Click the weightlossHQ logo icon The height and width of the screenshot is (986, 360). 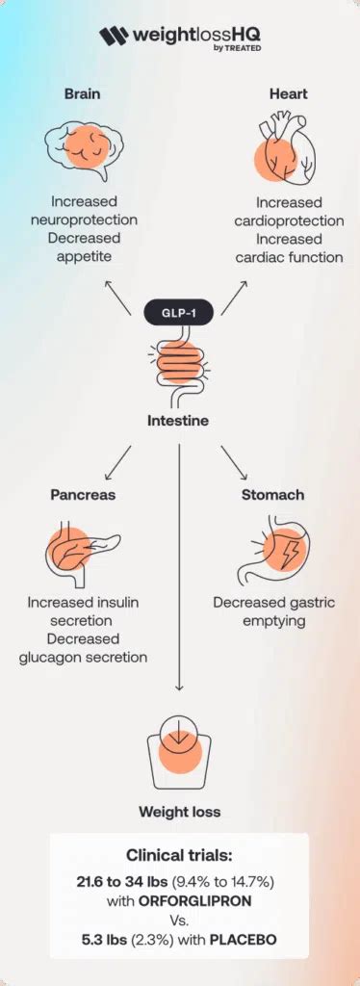tap(113, 38)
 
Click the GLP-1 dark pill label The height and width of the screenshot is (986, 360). tap(180, 313)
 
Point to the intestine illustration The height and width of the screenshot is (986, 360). tap(180, 367)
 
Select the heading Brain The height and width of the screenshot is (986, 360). tap(84, 94)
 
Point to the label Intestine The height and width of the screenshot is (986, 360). tap(180, 422)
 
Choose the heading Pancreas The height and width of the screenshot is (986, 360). tap(84, 495)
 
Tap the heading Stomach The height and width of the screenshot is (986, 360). tap(273, 495)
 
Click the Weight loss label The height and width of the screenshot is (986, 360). tap(179, 812)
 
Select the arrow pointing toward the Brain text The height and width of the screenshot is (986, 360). tap(118, 297)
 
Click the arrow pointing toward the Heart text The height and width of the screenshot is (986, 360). tap(236, 297)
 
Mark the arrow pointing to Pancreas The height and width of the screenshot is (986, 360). tap(118, 462)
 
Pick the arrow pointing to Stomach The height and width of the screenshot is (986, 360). tap(236, 462)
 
